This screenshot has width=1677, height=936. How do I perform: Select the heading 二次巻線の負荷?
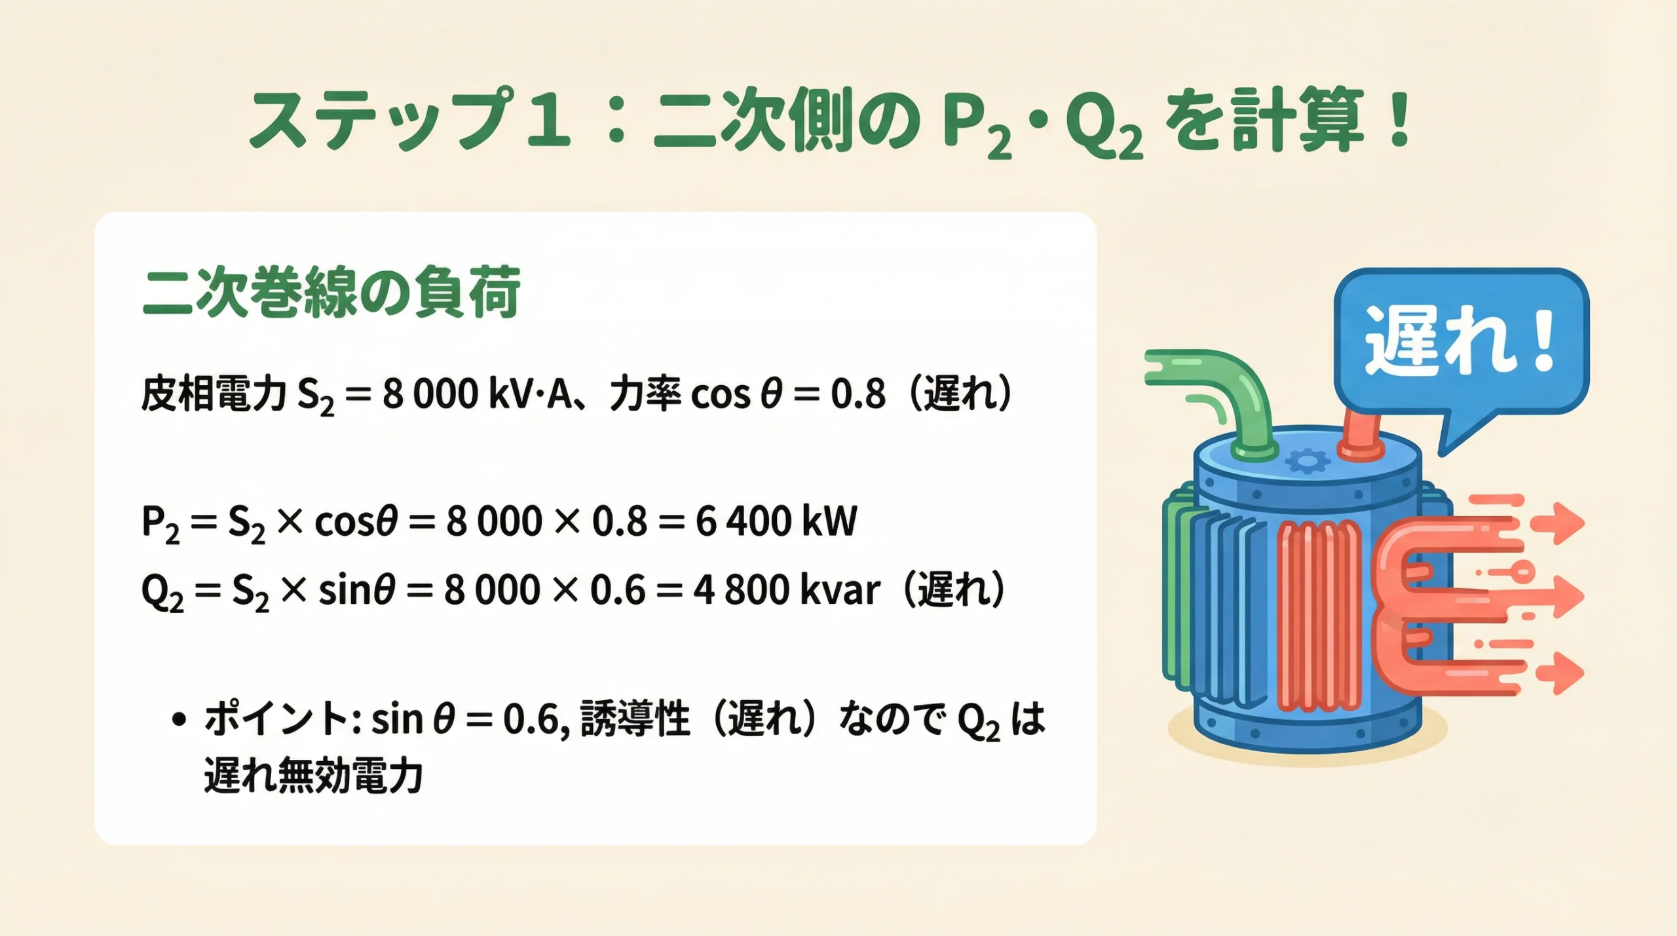coord(331,292)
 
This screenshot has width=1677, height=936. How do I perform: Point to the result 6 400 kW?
coord(776,522)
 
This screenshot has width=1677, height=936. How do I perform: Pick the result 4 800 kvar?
coord(786,590)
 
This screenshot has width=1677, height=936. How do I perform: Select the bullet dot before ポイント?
coord(178,719)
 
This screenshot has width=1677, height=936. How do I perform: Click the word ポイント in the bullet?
coord(276,719)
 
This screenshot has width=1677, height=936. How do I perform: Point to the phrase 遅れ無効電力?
coord(313,776)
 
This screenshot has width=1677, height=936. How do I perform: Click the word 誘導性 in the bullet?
coord(635,719)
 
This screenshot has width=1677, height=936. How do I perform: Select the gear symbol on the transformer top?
coord(1308,462)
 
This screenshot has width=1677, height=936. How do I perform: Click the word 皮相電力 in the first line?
coord(214,395)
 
